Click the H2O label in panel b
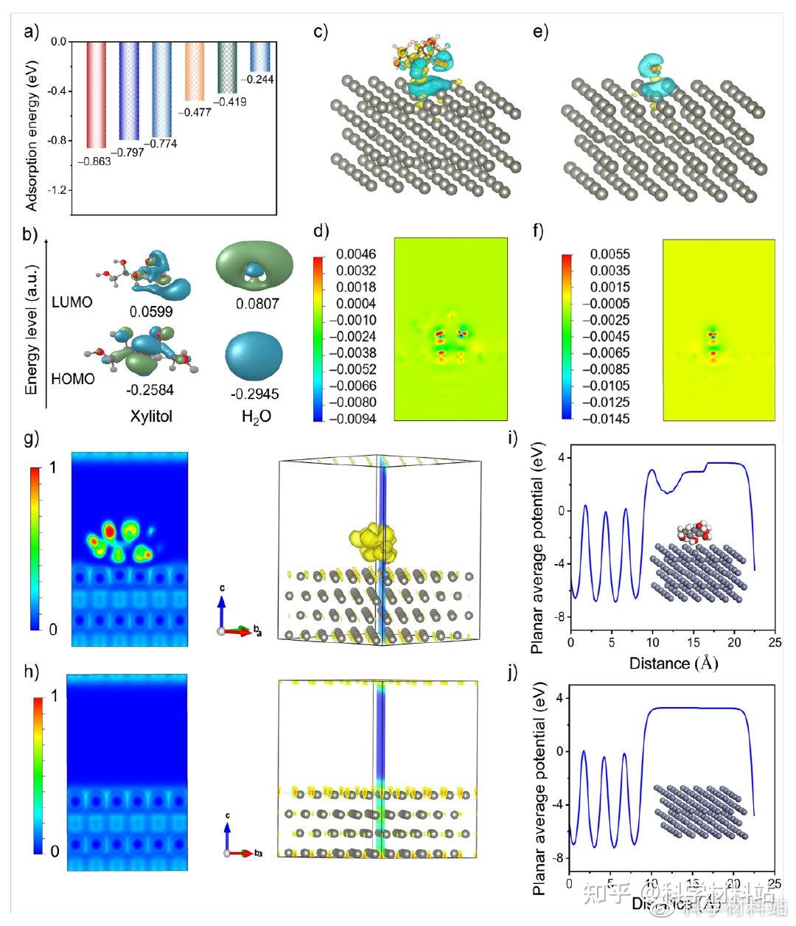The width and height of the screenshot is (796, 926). (x=256, y=417)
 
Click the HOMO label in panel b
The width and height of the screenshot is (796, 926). (x=73, y=380)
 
